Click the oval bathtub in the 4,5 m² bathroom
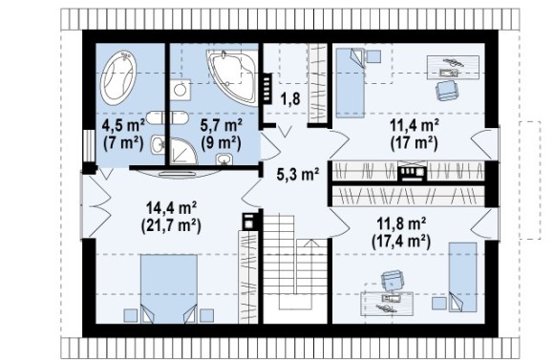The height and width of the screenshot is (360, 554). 118,77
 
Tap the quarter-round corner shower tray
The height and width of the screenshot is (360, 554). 182,152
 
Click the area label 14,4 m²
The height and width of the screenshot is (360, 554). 171,208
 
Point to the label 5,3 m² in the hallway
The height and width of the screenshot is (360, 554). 298,174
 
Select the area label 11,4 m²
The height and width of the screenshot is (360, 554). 415,125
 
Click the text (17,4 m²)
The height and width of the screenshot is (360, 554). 401,242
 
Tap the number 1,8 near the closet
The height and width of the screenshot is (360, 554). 290,99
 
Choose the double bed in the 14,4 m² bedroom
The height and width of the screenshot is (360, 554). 169,288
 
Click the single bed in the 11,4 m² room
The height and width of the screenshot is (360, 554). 351,83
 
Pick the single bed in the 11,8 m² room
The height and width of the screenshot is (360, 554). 462,277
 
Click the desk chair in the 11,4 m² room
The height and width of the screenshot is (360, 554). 446,90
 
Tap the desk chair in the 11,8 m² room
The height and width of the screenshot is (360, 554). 392,280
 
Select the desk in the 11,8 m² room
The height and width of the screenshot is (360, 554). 387,303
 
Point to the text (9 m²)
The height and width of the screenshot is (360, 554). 221,143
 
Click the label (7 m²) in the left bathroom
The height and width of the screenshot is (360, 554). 123,142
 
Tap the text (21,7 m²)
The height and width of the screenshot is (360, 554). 171,225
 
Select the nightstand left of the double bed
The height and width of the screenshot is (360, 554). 130,315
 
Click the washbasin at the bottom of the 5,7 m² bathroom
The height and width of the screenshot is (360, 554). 224,159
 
